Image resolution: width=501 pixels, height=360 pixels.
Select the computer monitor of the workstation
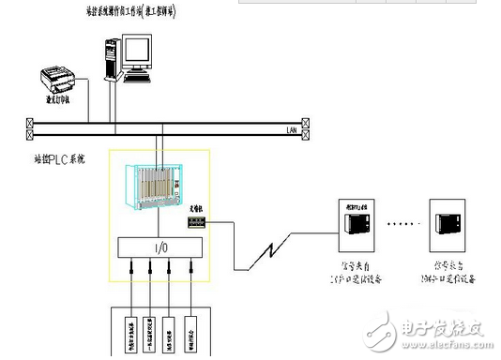point(134,51)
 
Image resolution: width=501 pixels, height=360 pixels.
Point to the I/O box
point(160,248)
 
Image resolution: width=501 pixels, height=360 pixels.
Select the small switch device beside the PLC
point(196,221)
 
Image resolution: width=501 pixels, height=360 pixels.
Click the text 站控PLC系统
point(58,159)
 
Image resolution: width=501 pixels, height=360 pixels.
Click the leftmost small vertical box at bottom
point(129,332)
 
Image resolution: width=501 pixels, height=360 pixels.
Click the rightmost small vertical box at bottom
point(190,332)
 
